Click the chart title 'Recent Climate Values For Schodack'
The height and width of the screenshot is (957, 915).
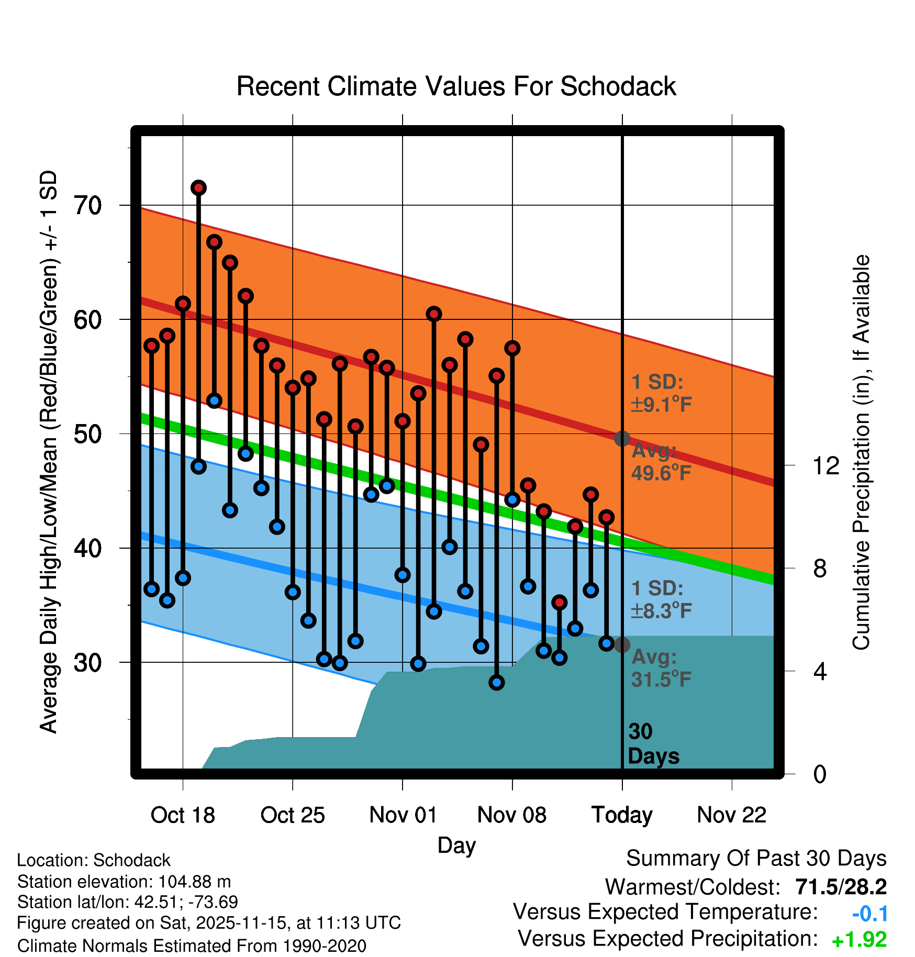pyautogui.click(x=456, y=87)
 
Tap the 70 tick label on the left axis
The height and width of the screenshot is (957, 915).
pyautogui.click(x=87, y=205)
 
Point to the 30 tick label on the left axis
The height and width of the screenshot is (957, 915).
pyautogui.click(x=87, y=663)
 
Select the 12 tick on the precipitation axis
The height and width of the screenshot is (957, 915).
pyautogui.click(x=825, y=465)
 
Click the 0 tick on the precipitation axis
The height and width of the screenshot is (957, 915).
pyautogui.click(x=820, y=774)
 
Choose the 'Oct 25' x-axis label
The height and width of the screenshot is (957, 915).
pyautogui.click(x=293, y=815)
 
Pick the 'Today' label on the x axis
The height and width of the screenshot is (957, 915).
pyautogui.click(x=622, y=815)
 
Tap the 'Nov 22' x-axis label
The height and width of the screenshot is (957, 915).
pyautogui.click(x=732, y=815)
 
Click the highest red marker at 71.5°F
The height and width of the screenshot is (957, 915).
pyautogui.click(x=198, y=187)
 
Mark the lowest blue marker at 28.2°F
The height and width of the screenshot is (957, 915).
pyautogui.click(x=497, y=682)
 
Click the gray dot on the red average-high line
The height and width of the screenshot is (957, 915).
pyautogui.click(x=622, y=438)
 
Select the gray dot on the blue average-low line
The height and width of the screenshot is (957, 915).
pyautogui.click(x=622, y=644)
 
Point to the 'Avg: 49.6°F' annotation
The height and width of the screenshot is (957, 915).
pyautogui.click(x=661, y=462)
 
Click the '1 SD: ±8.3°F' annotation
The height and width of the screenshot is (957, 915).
pyautogui.click(x=661, y=599)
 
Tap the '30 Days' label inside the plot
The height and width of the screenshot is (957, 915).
pyautogui.click(x=653, y=744)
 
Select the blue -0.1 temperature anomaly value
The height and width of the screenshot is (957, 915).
pyautogui.click(x=869, y=914)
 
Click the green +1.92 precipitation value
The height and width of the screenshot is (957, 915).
pyautogui.click(x=859, y=940)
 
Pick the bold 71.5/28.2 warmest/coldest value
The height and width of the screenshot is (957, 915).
pyautogui.click(x=841, y=887)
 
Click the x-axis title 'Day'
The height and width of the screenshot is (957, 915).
pyautogui.click(x=456, y=845)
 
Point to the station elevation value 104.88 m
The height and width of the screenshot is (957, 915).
pyautogui.click(x=194, y=882)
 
